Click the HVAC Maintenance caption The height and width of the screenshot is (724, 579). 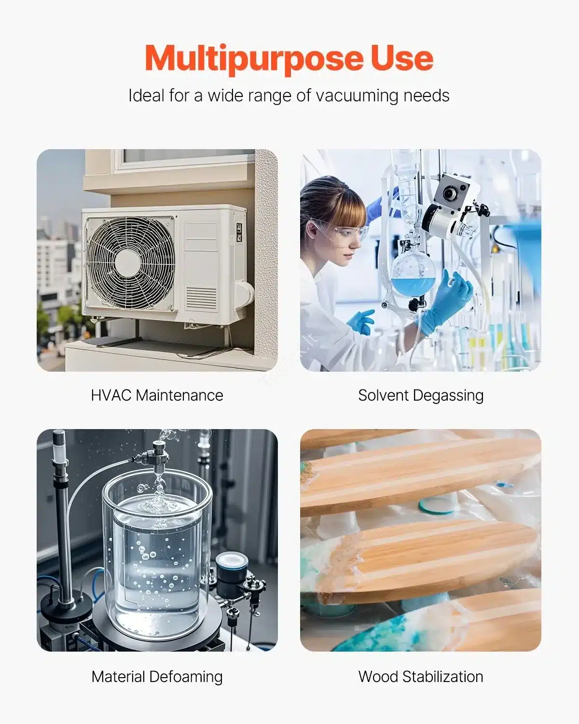click(x=157, y=395)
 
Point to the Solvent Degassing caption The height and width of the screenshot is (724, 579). click(x=421, y=396)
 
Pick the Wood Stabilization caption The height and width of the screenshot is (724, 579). click(x=421, y=677)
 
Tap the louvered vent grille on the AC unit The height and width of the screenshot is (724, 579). click(x=202, y=298)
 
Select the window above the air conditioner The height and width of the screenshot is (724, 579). click(x=185, y=159)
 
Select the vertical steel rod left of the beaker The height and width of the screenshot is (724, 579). click(x=62, y=525)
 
